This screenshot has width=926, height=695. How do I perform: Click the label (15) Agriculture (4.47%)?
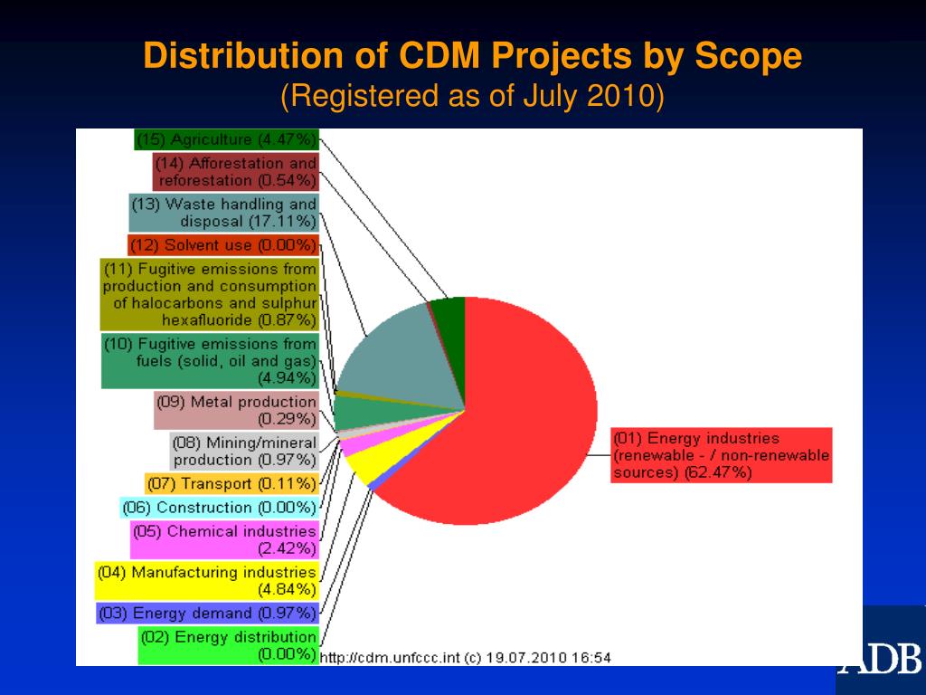click(x=226, y=139)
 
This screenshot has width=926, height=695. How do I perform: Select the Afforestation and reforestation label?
click(x=235, y=172)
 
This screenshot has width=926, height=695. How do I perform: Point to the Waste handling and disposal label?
click(x=223, y=213)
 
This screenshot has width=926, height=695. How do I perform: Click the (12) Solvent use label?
click(x=223, y=245)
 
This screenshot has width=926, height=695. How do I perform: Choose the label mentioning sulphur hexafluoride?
click(x=209, y=294)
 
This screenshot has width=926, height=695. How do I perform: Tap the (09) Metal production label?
click(x=236, y=410)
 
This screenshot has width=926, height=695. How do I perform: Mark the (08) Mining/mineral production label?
click(x=244, y=451)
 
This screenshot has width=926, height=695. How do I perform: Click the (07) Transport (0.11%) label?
click(x=231, y=484)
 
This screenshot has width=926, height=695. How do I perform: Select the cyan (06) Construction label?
click(x=219, y=508)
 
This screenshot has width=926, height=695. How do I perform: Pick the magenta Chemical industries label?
click(x=224, y=539)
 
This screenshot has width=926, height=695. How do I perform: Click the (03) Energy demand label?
click(x=207, y=614)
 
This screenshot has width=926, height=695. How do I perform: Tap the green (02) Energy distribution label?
click(x=229, y=645)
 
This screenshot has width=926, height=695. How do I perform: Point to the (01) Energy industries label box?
click(x=721, y=455)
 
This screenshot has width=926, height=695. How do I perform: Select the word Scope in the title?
click(x=748, y=57)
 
